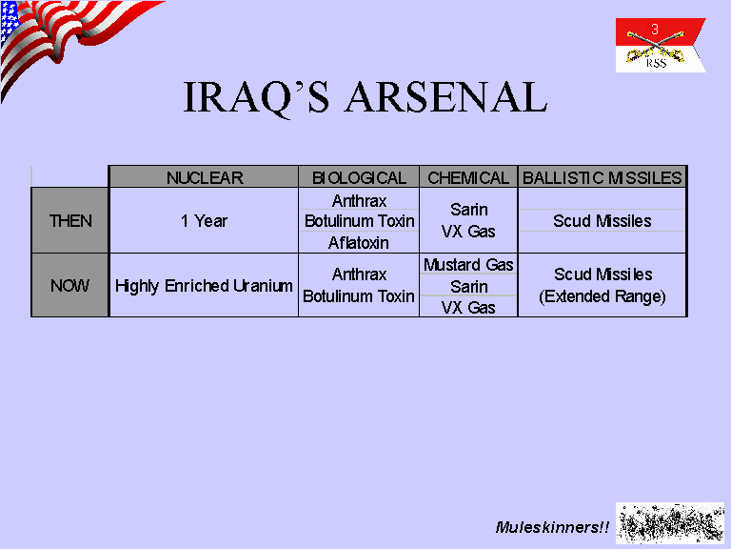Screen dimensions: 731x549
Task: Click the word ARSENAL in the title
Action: point(445,97)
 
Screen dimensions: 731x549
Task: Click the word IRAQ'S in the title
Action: point(256,98)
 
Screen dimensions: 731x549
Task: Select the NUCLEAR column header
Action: point(205,178)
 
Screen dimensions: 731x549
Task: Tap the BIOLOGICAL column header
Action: point(359,178)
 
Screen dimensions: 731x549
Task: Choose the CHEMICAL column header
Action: point(468,178)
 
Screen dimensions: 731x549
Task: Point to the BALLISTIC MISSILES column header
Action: point(602,178)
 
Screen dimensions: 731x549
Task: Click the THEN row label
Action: point(70,221)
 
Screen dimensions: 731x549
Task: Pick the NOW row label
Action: point(69,285)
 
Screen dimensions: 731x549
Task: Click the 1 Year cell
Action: point(204,221)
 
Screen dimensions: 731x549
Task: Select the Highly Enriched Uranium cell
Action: point(204,286)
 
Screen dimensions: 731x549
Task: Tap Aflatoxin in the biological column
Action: point(359,243)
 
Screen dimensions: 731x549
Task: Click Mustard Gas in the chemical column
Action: point(468,265)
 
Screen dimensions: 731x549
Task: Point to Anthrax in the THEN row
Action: point(359,201)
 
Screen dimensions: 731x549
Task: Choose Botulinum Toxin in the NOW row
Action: point(359,296)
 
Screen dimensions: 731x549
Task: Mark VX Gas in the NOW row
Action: point(468,308)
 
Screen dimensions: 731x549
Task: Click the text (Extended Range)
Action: point(603,297)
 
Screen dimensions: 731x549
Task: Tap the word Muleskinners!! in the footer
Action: point(552,527)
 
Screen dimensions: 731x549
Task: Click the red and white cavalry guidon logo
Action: point(661,46)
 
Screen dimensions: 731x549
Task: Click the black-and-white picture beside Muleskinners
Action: point(670,523)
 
